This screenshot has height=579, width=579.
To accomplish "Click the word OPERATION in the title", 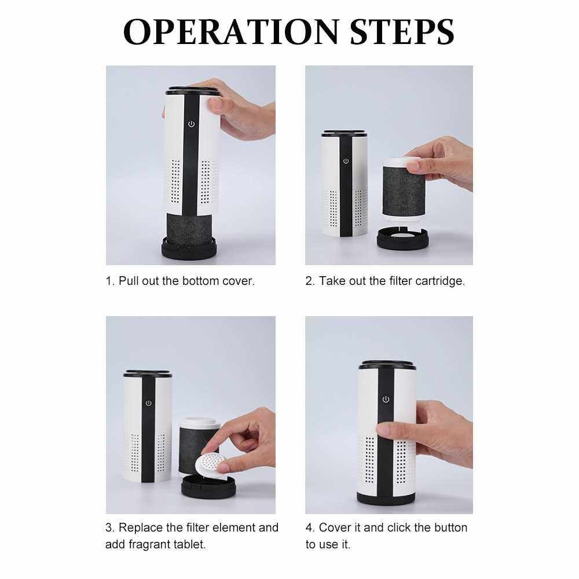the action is point(231,32).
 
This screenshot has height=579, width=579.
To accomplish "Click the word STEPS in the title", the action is point(402,32).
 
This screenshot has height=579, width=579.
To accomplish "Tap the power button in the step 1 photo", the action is point(191,124).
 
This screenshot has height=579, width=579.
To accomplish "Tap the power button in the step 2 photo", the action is point(346,161).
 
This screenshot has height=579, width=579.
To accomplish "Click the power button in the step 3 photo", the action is point(148,403).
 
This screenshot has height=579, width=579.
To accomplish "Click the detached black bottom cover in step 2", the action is point(402,239).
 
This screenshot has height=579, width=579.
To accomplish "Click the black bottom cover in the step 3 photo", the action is point(208,486).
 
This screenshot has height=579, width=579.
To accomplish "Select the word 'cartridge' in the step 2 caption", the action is point(439,281).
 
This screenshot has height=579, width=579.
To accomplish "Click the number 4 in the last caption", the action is point(309,527).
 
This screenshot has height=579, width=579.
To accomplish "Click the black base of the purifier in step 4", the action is point(386,499).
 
